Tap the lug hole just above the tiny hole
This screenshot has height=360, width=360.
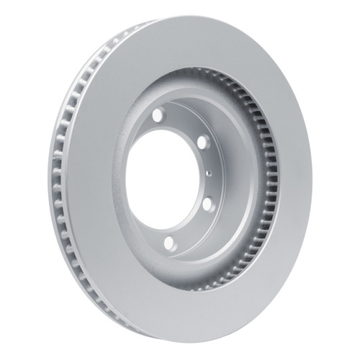point(202,142)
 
